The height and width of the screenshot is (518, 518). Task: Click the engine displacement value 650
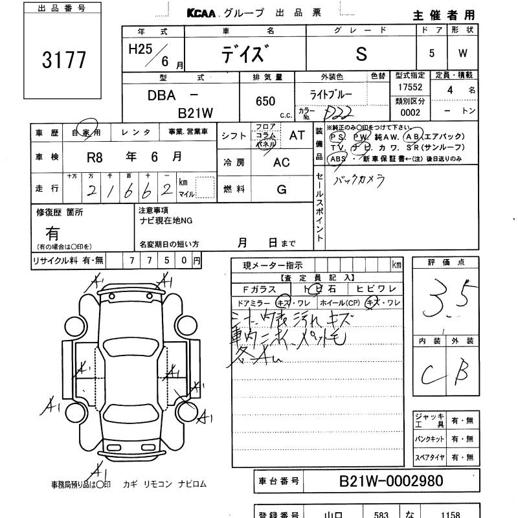coord(265,102)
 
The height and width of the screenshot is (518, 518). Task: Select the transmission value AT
coord(297,135)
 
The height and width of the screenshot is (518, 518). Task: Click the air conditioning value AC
coord(281,163)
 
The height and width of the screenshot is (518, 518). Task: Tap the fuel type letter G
coord(281,189)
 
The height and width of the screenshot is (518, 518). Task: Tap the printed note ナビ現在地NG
coord(165,220)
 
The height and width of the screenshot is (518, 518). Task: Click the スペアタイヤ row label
coord(429,458)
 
